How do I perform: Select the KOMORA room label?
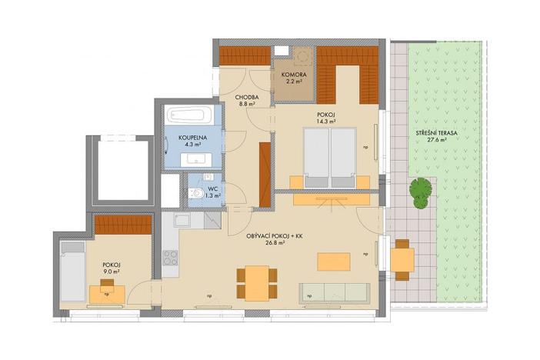click(294, 75)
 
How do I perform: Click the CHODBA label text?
click(246, 97)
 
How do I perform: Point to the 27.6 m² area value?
click(437, 141)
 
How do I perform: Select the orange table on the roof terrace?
click(402, 259)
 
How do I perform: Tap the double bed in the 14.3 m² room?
click(330, 157)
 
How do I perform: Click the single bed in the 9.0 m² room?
click(72, 270)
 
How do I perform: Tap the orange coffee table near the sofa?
click(333, 261)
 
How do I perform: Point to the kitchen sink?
click(182, 222)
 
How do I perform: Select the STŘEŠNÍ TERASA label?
click(437, 133)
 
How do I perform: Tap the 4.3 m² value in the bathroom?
click(190, 144)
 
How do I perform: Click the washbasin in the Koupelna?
click(193, 160)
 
